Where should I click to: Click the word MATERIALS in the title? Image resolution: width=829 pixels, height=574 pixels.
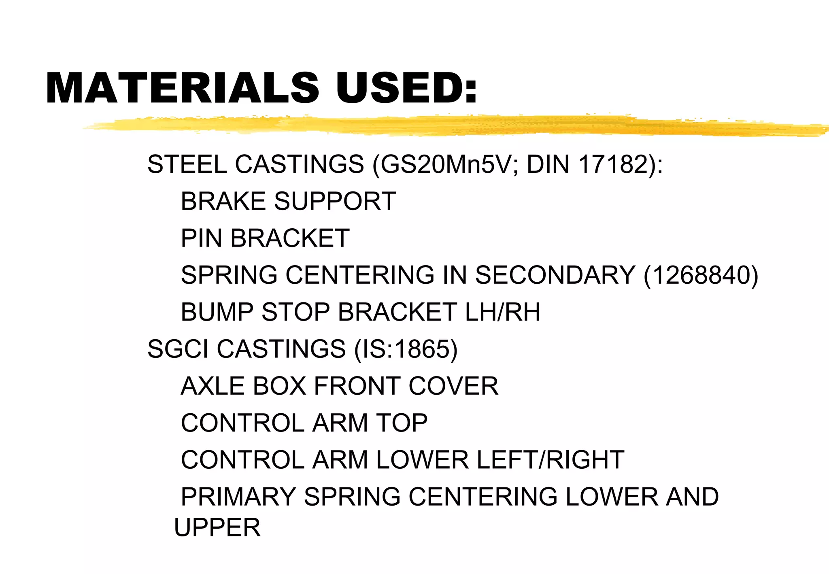[x=182, y=88]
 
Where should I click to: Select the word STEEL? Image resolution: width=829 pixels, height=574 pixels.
[x=187, y=165]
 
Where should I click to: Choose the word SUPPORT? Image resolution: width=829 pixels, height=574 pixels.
[x=335, y=201]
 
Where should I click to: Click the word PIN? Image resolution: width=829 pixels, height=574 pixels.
[x=201, y=238]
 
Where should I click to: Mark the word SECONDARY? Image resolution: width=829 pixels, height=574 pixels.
[x=555, y=275]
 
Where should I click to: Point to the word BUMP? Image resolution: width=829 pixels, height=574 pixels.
[x=217, y=312]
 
